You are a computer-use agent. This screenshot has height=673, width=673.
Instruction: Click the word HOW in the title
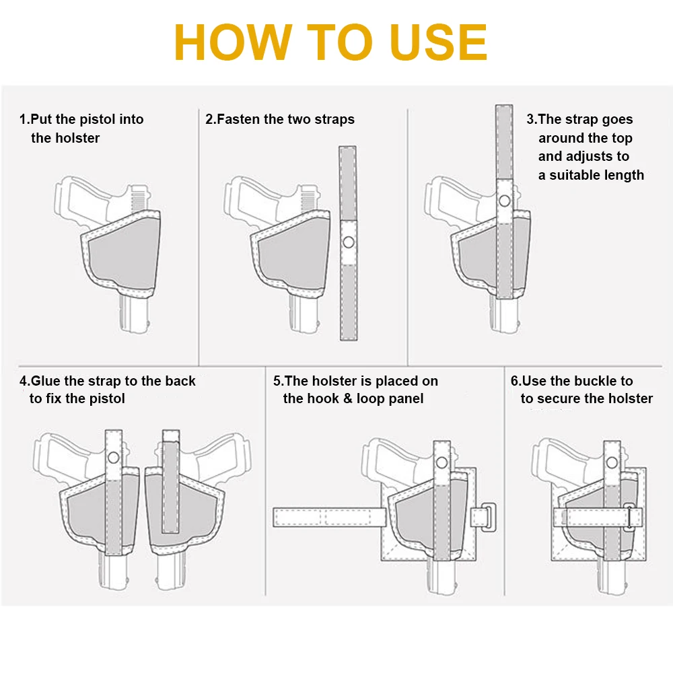coord(233,42)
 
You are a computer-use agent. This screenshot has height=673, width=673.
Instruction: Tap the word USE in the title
coord(439,42)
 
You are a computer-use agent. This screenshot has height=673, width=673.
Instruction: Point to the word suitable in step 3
coord(575,175)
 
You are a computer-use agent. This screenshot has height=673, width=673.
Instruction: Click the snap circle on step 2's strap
coord(349,242)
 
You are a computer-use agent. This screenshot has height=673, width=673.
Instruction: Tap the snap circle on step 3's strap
coord(505,201)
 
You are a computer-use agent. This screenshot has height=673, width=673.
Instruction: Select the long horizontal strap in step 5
coord(330,517)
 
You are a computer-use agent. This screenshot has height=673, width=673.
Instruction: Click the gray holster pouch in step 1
coord(121,253)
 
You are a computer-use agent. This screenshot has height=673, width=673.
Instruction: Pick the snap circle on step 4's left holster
coord(114,458)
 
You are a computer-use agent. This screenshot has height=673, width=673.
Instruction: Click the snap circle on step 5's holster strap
coord(441,463)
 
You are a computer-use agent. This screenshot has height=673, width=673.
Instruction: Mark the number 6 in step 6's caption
coord(514,381)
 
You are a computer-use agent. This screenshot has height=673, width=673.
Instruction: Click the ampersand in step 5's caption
coord(348,398)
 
